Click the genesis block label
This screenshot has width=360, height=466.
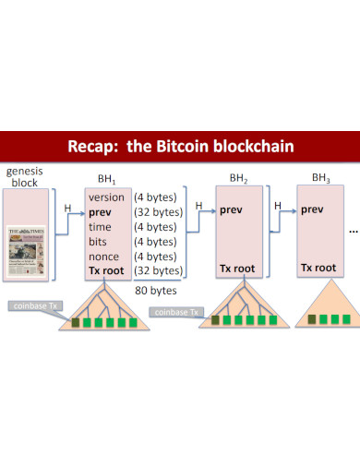(25, 176)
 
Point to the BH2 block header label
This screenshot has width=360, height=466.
(239, 178)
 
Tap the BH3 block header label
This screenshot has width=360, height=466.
(320, 177)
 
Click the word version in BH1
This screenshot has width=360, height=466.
(107, 197)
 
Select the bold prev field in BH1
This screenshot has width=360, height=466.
(101, 212)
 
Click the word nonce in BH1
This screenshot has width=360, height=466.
(104, 256)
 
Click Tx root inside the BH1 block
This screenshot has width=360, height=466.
(107, 270)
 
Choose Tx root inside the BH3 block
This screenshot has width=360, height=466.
(318, 268)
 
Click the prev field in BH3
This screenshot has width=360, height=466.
(313, 209)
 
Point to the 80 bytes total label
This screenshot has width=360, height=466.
(155, 289)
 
